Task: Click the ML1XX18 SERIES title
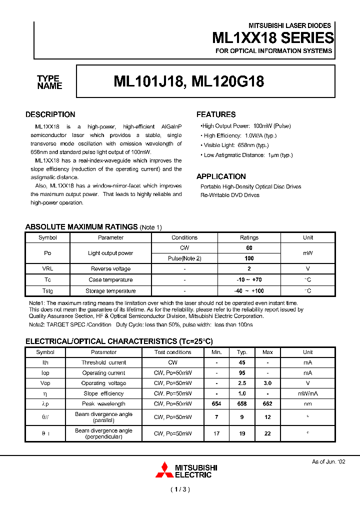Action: coord(273,38)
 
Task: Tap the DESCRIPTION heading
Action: coord(50,114)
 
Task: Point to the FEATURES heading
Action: coord(216,114)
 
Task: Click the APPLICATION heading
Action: coord(221,176)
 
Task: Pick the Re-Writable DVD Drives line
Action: coord(230,195)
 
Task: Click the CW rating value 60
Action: coord(249,248)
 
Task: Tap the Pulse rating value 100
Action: coord(249,258)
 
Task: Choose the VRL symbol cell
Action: coord(47,269)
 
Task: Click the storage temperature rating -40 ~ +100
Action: coord(249,291)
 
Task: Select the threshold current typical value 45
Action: coord(242,362)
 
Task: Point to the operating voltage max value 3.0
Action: coord(267,383)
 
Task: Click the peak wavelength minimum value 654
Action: coord(216,403)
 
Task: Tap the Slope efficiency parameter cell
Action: coord(103,393)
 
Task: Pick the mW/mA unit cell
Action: coord(307,393)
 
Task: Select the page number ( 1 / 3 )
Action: coord(180,489)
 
